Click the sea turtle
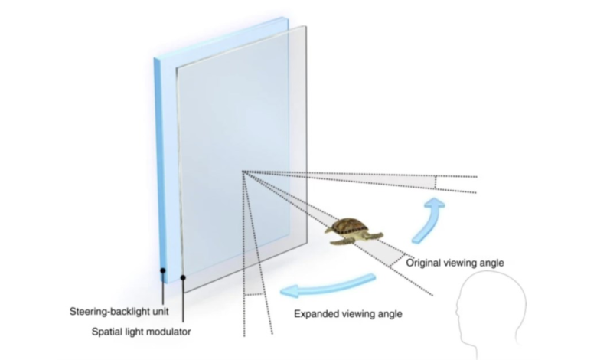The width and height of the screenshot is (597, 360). click(x=354, y=231)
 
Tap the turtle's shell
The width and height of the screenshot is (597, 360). click(x=350, y=226)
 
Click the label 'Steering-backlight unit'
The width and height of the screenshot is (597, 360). click(x=119, y=312)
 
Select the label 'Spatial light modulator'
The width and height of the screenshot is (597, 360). click(x=142, y=332)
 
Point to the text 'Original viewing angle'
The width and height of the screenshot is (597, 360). click(x=455, y=263)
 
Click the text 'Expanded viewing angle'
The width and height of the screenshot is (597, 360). click(x=348, y=314)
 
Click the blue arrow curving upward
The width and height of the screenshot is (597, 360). click(x=429, y=221)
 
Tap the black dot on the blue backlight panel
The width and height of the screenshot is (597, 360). click(x=163, y=270)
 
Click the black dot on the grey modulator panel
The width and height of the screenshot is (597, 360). click(x=183, y=278)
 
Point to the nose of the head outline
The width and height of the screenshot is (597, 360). click(x=458, y=313)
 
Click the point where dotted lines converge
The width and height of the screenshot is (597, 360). click(x=243, y=172)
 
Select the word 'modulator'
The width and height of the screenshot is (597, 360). click(x=169, y=332)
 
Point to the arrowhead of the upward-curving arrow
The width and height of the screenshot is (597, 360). click(x=435, y=203)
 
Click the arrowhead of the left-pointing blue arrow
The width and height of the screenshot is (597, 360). click(x=288, y=292)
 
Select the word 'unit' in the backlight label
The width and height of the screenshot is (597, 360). click(x=161, y=312)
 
